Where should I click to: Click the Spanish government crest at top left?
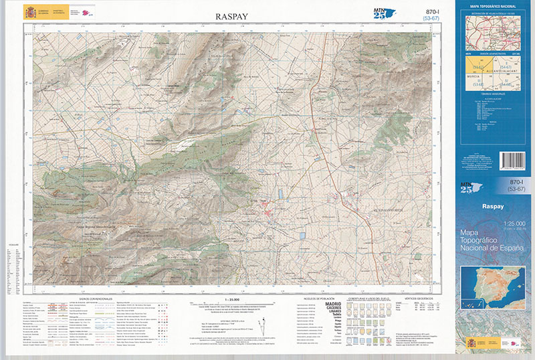(x=29, y=12)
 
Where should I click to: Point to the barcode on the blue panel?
(x=513, y=161)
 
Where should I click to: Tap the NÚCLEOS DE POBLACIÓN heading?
(x=318, y=298)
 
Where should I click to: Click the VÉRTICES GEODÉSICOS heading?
(x=419, y=298)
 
